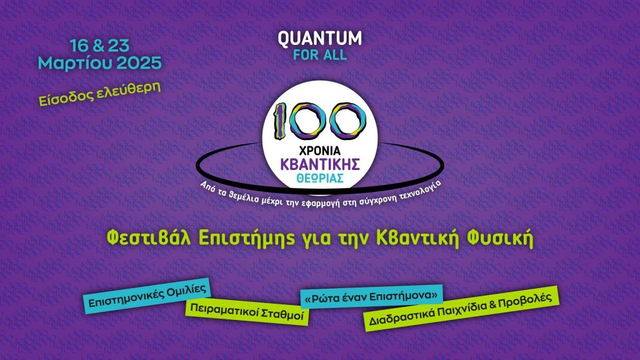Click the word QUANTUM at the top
pos(319,37)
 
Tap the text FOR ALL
pos(319,54)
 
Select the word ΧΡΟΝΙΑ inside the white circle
pos(319,151)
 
